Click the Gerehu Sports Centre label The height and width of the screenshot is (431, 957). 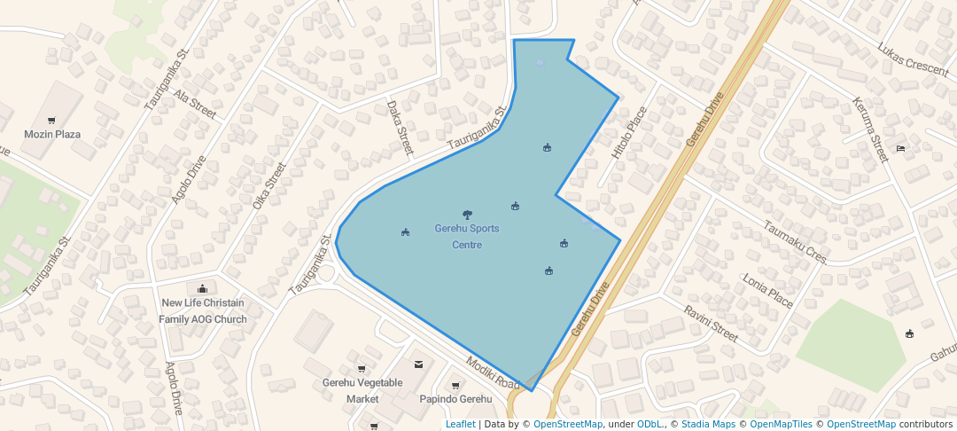(x=467, y=237)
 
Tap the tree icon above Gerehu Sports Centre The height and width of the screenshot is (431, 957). (x=467, y=214)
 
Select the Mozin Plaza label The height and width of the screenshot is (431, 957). (x=52, y=135)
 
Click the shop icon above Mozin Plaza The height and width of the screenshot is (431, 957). (x=51, y=121)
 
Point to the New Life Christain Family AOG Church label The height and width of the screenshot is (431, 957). (x=203, y=311)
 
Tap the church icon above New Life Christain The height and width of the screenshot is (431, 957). (x=202, y=288)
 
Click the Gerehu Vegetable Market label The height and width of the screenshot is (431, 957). (x=362, y=391)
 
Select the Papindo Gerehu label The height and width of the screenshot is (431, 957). (x=455, y=399)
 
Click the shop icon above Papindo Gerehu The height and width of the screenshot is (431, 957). (x=455, y=386)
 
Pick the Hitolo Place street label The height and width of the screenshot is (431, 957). (x=630, y=134)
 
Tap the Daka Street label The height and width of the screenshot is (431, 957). (x=401, y=128)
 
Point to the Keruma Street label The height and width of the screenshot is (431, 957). (x=869, y=130)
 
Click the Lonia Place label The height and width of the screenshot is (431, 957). (x=768, y=290)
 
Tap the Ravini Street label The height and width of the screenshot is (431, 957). (x=711, y=324)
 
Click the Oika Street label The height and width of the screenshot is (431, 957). (x=269, y=185)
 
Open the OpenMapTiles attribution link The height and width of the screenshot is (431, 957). (x=775, y=425)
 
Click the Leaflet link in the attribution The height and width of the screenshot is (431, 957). (x=460, y=425)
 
